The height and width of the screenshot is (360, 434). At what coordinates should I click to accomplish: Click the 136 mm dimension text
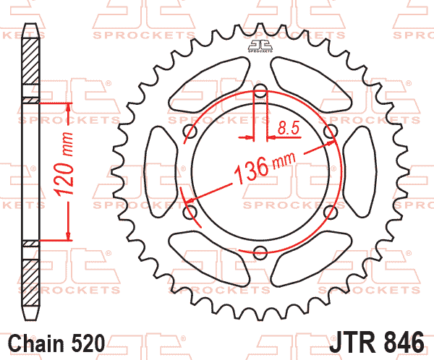(x=265, y=168)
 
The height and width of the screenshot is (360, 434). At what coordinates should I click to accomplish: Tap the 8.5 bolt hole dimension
(x=289, y=128)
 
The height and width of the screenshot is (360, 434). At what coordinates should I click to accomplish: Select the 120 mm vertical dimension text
(x=64, y=164)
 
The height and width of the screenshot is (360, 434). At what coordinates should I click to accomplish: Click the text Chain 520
(x=56, y=343)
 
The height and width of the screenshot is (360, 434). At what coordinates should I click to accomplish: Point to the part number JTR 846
(x=376, y=342)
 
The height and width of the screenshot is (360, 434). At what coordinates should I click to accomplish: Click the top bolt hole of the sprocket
(x=260, y=90)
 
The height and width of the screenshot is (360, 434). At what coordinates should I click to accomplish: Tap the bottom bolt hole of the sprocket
(x=260, y=252)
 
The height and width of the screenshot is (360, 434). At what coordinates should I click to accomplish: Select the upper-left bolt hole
(x=190, y=131)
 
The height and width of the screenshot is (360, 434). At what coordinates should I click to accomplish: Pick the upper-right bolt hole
(x=331, y=131)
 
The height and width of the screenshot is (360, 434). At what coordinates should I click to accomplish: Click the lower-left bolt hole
(x=190, y=212)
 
